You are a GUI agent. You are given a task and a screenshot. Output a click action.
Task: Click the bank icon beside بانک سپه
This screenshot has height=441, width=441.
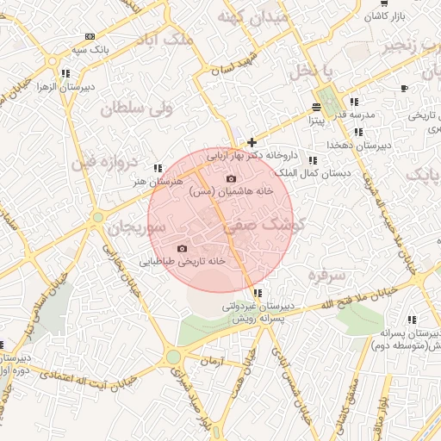coord(90,37)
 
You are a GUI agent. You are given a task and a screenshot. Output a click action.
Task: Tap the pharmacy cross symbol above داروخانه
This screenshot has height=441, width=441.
coord(252,142)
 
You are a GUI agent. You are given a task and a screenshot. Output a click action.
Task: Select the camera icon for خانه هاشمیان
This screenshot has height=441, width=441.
coord(231,179)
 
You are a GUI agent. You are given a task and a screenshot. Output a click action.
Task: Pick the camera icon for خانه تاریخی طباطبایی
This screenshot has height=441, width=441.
coord(182,248)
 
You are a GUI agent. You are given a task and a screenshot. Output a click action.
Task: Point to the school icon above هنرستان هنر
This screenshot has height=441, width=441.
coord(157,168)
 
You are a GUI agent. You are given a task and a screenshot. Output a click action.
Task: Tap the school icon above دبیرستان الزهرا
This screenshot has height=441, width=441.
coord(66,73)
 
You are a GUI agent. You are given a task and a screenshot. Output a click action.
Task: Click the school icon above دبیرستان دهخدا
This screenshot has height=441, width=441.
coord(357,132)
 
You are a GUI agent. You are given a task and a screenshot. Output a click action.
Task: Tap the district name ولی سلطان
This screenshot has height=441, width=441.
coord(137,109)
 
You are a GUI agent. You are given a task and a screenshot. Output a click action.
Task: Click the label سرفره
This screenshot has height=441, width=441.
coord(326,275)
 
